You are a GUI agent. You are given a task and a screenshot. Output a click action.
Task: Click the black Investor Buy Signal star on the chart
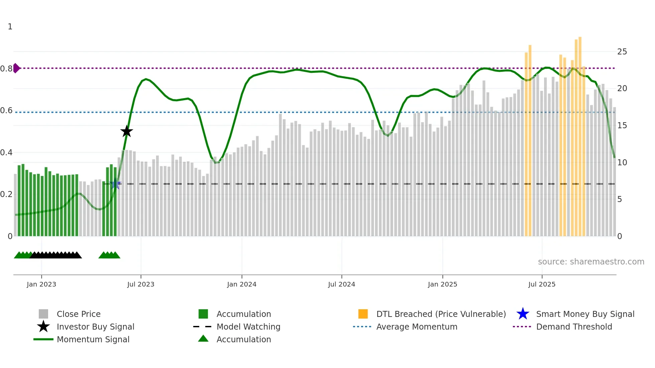click(127, 132)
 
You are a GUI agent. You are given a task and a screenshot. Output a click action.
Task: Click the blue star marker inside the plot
click(116, 184)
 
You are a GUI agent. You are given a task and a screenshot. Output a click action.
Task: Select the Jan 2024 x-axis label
click(242, 284)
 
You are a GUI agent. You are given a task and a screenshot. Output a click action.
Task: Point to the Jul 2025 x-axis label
click(542, 284)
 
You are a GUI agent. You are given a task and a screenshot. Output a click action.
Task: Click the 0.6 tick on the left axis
click(6, 111)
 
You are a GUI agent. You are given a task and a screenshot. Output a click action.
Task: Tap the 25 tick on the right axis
click(622, 52)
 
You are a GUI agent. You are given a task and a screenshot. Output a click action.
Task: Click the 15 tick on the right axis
click(622, 126)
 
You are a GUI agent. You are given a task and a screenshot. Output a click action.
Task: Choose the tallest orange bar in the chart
click(580, 134)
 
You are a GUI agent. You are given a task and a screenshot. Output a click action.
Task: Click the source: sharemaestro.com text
click(591, 262)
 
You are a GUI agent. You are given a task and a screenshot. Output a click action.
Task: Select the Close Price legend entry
click(79, 314)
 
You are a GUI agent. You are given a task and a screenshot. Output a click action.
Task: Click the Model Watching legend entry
click(248, 327)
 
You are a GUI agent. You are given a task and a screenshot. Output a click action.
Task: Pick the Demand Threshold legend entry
click(574, 327)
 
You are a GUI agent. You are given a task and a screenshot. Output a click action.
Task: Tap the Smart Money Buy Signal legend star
click(523, 314)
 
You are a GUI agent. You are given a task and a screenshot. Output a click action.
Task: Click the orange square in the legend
click(363, 314)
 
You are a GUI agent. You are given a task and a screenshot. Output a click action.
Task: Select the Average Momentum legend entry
click(417, 327)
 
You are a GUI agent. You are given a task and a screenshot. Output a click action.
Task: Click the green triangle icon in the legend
click(203, 339)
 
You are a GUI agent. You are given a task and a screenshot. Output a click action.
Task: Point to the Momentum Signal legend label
click(93, 340)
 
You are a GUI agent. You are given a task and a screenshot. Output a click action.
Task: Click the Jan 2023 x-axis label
click(41, 284)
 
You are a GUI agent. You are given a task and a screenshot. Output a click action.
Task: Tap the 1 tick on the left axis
click(10, 27)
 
